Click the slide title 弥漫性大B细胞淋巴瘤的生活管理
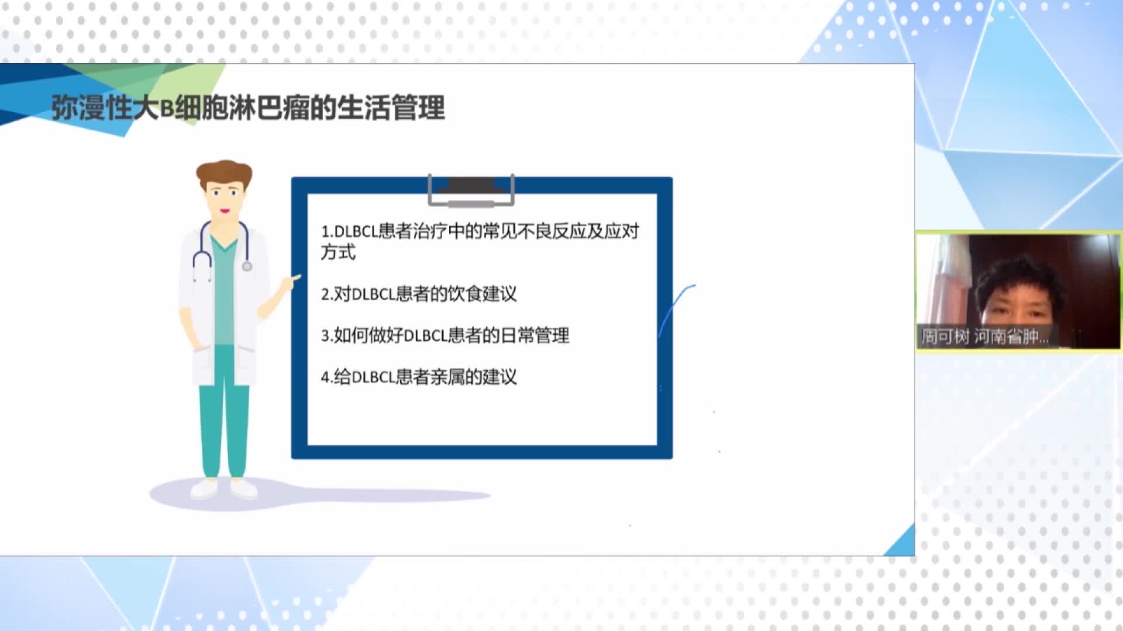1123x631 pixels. pyautogui.click(x=248, y=108)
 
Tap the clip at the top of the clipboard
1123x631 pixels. pyautogui.click(x=471, y=190)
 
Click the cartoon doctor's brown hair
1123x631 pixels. pyautogui.click(x=224, y=174)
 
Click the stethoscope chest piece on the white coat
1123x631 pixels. pyautogui.click(x=247, y=266)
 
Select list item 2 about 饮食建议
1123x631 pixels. pyautogui.click(x=419, y=293)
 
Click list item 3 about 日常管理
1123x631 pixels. pyautogui.click(x=445, y=335)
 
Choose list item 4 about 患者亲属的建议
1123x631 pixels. pyautogui.click(x=419, y=377)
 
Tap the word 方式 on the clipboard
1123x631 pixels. pyautogui.click(x=338, y=252)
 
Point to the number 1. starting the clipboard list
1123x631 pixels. pyautogui.click(x=327, y=232)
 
